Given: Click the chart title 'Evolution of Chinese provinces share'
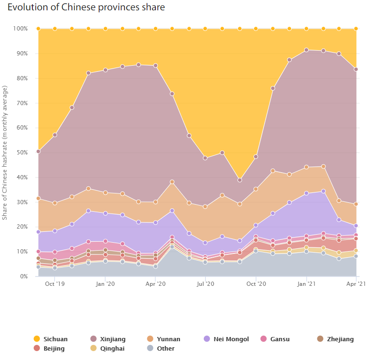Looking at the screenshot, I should coord(86,8).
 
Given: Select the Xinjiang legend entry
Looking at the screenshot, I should coord(111,339).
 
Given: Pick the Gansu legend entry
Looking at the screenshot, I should coord(280,339).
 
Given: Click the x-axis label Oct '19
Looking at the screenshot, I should coord(55,284).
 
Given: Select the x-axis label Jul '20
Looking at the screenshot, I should coord(205,284).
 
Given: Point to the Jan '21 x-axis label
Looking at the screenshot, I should coord(306,284).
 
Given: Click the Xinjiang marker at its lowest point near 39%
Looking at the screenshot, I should coord(239,180).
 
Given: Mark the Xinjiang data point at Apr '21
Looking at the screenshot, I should coord(356,69).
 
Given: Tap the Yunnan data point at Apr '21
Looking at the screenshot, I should coord(356,204).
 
